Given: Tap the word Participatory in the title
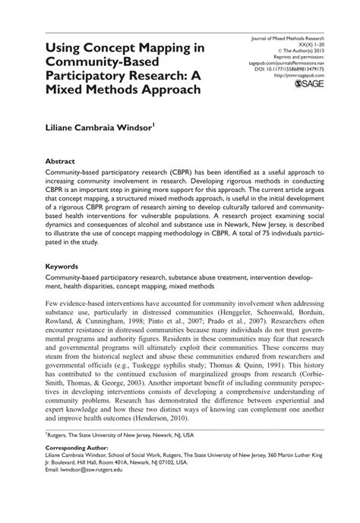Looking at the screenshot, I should click(92, 75).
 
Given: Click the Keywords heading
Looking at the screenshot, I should click(65, 267).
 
